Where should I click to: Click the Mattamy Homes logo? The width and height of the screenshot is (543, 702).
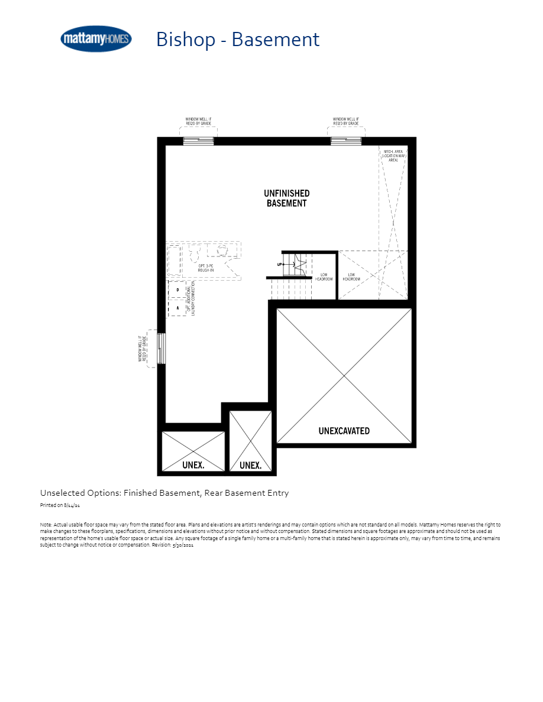(96, 39)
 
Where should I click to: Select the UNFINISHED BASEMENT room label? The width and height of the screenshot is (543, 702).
(287, 198)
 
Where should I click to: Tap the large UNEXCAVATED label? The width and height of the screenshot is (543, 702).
(344, 431)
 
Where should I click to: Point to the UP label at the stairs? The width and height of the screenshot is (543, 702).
(279, 264)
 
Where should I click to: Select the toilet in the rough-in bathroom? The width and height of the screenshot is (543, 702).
(195, 253)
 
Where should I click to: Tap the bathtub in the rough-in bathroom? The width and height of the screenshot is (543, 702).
(174, 260)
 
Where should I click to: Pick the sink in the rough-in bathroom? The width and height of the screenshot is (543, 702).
(223, 251)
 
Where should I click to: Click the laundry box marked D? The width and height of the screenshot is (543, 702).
(177, 290)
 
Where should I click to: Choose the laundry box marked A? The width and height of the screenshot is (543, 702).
(177, 308)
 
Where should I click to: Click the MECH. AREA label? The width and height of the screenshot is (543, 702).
(393, 156)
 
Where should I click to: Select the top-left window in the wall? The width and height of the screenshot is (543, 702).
(198, 141)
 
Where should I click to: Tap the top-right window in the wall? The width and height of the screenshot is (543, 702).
(345, 141)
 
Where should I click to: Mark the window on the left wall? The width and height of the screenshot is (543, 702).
(161, 349)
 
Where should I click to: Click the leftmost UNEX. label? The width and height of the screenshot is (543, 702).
(193, 465)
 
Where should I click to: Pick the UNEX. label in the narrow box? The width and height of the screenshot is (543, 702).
(250, 466)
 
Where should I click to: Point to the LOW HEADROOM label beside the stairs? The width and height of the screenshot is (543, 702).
(325, 277)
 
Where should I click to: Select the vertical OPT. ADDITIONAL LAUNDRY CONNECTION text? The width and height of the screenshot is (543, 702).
(189, 298)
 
